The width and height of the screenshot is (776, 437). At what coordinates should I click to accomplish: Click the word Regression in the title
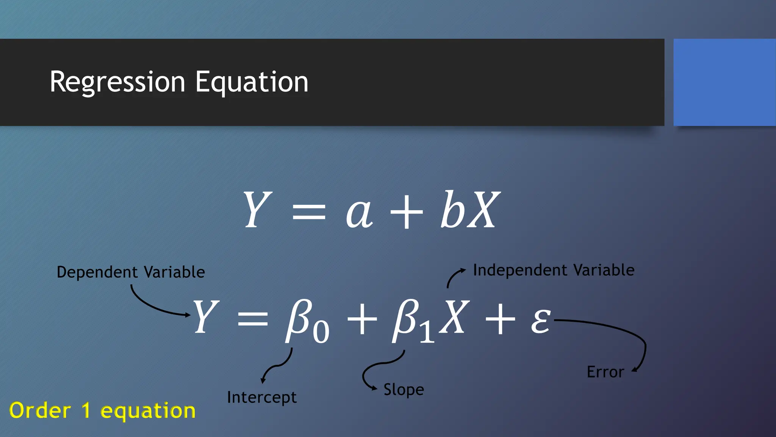[117, 82]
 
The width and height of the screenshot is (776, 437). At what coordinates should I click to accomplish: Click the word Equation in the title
[252, 82]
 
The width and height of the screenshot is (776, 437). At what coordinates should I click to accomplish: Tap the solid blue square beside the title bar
[724, 82]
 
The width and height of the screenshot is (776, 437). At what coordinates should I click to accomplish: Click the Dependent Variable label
[131, 272]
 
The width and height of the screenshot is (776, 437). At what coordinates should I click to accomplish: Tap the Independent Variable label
[554, 270]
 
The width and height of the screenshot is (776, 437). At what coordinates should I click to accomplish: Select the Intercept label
[262, 398]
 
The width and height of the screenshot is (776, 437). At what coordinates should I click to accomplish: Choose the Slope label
[404, 390]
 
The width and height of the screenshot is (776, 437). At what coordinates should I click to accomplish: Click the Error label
[605, 372]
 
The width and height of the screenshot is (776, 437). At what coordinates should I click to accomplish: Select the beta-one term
[413, 321]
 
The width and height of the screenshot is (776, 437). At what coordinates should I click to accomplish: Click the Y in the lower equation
[206, 317]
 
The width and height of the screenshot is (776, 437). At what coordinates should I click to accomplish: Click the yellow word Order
[40, 410]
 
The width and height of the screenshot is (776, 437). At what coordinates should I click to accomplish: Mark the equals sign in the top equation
[309, 212]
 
